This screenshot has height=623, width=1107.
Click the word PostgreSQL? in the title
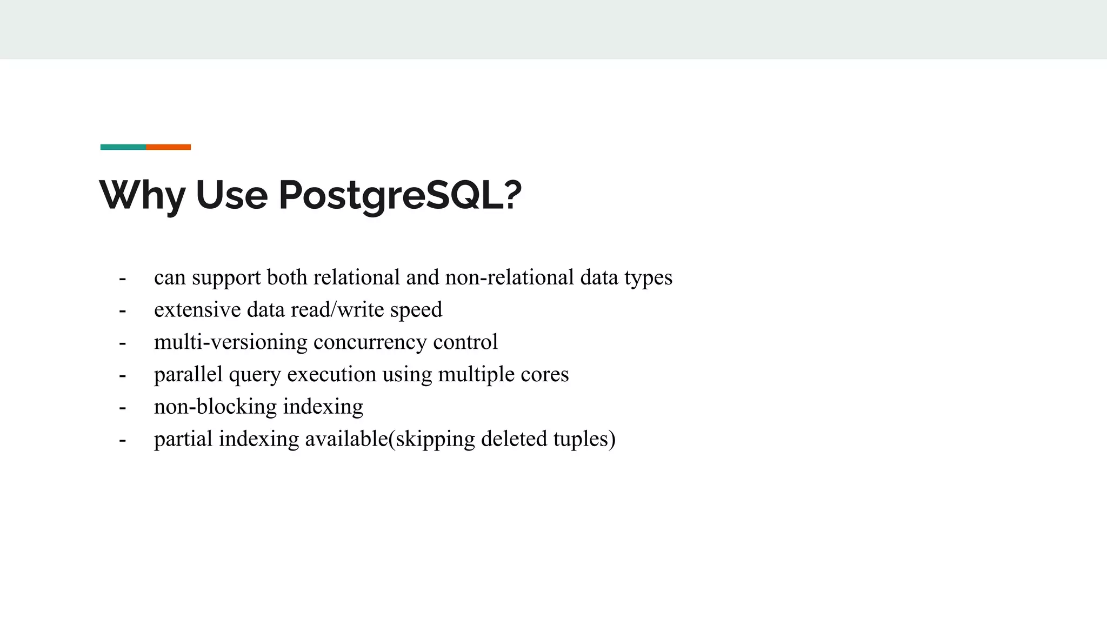pyautogui.click(x=400, y=195)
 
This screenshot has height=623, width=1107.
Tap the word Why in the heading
pyautogui.click(x=142, y=195)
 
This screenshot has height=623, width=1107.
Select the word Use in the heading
pyautogui.click(x=231, y=195)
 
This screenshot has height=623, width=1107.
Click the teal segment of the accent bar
pyautogui.click(x=123, y=147)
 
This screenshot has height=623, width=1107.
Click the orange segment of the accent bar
pyautogui.click(x=168, y=147)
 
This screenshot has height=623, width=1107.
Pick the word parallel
pyautogui.click(x=188, y=374)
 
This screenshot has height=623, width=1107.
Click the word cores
pyautogui.click(x=544, y=374)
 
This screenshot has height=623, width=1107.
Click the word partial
pyautogui.click(x=183, y=439)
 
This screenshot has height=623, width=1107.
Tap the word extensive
pyautogui.click(x=197, y=310)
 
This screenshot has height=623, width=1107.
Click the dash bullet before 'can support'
pyautogui.click(x=123, y=279)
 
